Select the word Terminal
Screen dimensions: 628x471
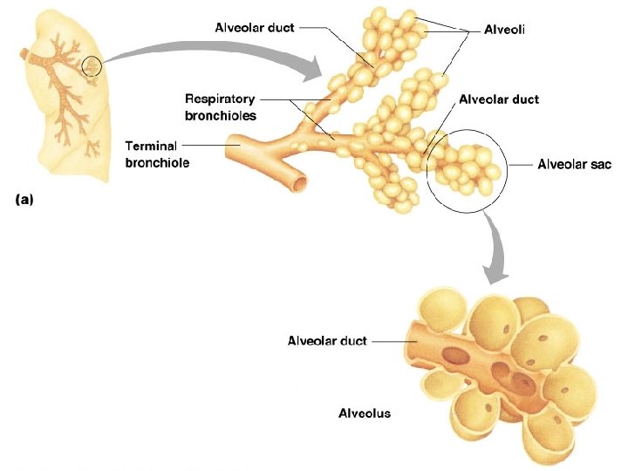[x=153, y=146]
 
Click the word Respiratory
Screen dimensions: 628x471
[x=220, y=99]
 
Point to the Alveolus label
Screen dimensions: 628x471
[x=364, y=413]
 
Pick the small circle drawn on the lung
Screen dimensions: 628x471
[x=92, y=65]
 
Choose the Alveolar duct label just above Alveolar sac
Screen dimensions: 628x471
[x=499, y=99]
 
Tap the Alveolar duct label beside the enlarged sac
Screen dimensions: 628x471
[x=327, y=341]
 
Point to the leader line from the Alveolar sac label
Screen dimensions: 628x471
[x=518, y=164]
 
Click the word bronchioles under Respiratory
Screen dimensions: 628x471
[x=220, y=115]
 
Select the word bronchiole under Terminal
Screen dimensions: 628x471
[x=158, y=161]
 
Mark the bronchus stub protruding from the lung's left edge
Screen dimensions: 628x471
[x=31, y=55]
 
